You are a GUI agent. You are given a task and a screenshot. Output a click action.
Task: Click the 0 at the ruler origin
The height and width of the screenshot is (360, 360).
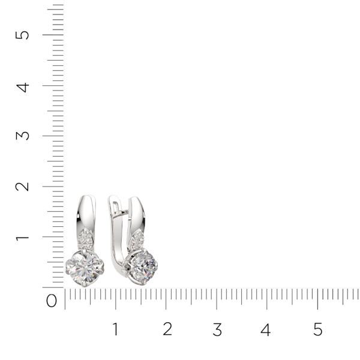tap(52, 301)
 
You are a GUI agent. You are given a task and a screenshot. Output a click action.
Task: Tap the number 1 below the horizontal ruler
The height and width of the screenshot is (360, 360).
tap(115, 329)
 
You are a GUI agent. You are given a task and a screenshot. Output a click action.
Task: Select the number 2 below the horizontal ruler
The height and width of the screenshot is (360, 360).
tap(167, 329)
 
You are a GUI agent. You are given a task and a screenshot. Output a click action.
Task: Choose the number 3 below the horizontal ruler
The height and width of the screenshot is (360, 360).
tap(217, 329)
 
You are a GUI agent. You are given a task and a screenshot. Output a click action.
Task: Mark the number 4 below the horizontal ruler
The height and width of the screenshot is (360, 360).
tap(266, 329)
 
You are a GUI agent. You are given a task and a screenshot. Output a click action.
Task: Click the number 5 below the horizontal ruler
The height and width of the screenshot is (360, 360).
tap(317, 329)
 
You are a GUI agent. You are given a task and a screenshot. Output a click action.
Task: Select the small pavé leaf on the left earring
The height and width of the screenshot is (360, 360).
tap(87, 241)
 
